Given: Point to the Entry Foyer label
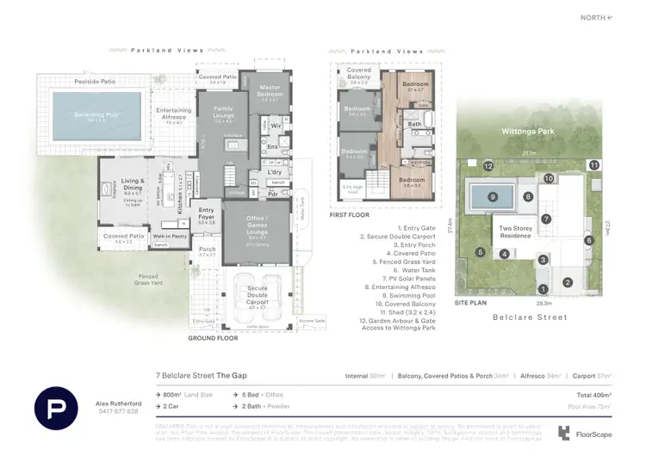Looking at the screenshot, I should [208, 213].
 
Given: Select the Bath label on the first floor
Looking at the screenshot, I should [415, 124].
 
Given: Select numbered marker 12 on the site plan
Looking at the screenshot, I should [488, 165].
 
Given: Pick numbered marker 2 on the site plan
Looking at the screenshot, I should [568, 281].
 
